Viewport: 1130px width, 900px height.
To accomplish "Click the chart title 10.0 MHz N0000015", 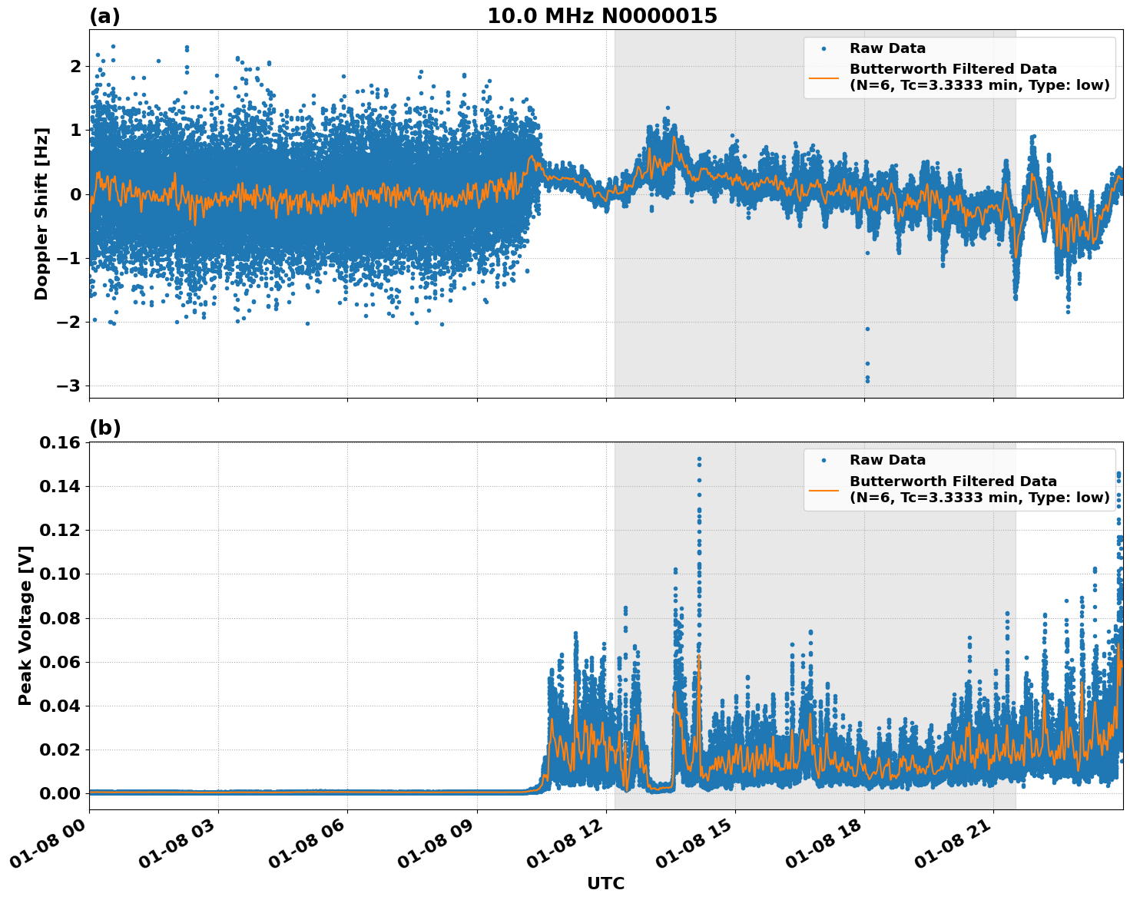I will pyautogui.click(x=602, y=16).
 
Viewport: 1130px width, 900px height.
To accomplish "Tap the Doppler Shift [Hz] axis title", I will pyautogui.click(x=41, y=213).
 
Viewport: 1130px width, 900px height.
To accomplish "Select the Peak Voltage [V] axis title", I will pyautogui.click(x=26, y=625).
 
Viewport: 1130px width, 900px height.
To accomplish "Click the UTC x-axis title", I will pyautogui.click(x=605, y=884).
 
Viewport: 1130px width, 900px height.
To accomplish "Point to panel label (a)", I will pyautogui.click(x=105, y=16).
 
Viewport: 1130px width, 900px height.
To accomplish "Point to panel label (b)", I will pyautogui.click(x=105, y=428).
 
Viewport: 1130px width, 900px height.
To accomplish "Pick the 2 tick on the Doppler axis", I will pyautogui.click(x=75, y=66).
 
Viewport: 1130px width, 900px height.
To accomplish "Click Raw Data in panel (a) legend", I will pyautogui.click(x=887, y=49).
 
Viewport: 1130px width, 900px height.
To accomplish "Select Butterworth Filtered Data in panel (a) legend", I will pyautogui.click(x=953, y=70).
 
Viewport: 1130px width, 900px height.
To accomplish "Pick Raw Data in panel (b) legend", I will pyautogui.click(x=887, y=461).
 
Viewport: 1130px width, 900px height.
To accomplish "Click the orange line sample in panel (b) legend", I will pyautogui.click(x=824, y=489).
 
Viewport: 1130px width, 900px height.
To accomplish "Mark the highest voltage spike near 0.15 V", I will pyautogui.click(x=699, y=459).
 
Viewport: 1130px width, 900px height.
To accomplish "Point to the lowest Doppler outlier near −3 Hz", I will pyautogui.click(x=867, y=380).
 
